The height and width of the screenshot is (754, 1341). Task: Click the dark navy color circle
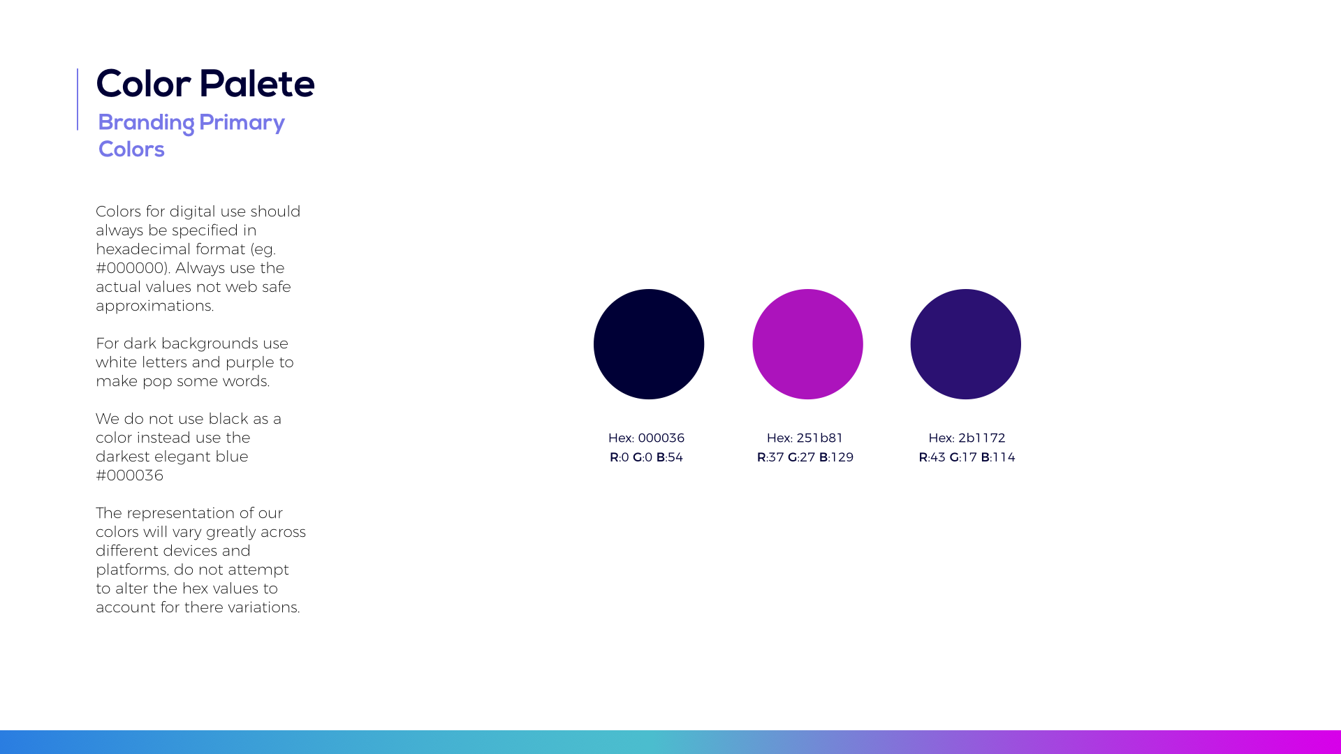[x=649, y=344]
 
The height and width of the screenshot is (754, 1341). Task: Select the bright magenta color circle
[x=807, y=344]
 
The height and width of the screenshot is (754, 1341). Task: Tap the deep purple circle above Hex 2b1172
[x=966, y=344]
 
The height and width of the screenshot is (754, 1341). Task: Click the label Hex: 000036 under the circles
[x=646, y=438]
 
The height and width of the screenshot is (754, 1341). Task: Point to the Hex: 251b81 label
[x=805, y=438]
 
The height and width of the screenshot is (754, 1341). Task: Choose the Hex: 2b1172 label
[x=967, y=438]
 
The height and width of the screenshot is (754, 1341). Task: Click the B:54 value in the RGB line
[x=670, y=457]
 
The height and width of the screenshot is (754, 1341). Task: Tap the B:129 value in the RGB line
[x=836, y=457]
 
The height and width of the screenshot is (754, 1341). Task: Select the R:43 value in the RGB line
[x=932, y=457]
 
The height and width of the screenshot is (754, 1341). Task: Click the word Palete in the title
[x=257, y=84]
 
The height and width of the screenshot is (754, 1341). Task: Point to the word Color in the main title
[x=143, y=84]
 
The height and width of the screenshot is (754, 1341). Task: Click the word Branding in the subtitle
[x=146, y=124]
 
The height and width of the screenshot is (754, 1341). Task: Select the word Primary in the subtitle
[x=242, y=124]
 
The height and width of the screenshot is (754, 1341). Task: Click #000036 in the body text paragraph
[x=129, y=475]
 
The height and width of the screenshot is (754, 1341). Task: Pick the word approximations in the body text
[x=154, y=306]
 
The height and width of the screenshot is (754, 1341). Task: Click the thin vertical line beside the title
[x=78, y=99]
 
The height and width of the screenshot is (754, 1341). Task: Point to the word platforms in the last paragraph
[x=132, y=570]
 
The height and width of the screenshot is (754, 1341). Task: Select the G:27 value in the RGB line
[x=801, y=457]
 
